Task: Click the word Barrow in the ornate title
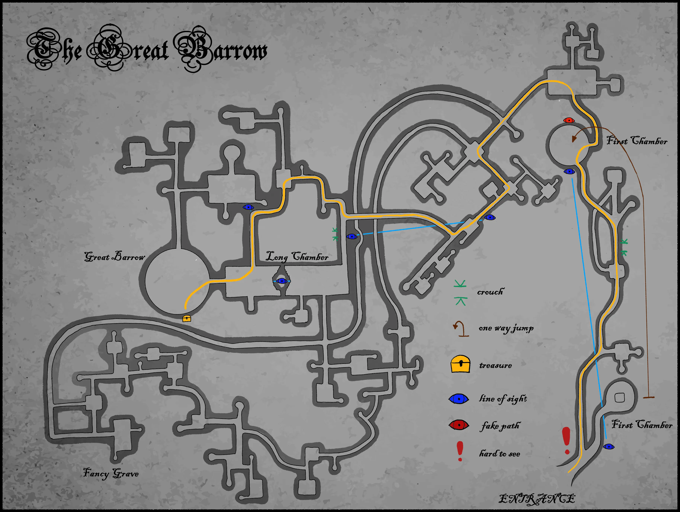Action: coord(221,49)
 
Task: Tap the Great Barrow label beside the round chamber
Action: coord(114,257)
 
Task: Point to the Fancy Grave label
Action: coord(111,473)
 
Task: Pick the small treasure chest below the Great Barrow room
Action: coord(187,318)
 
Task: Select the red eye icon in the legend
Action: coord(459,425)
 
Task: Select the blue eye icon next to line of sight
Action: coord(459,399)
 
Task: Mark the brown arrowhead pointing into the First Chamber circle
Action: coord(574,139)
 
